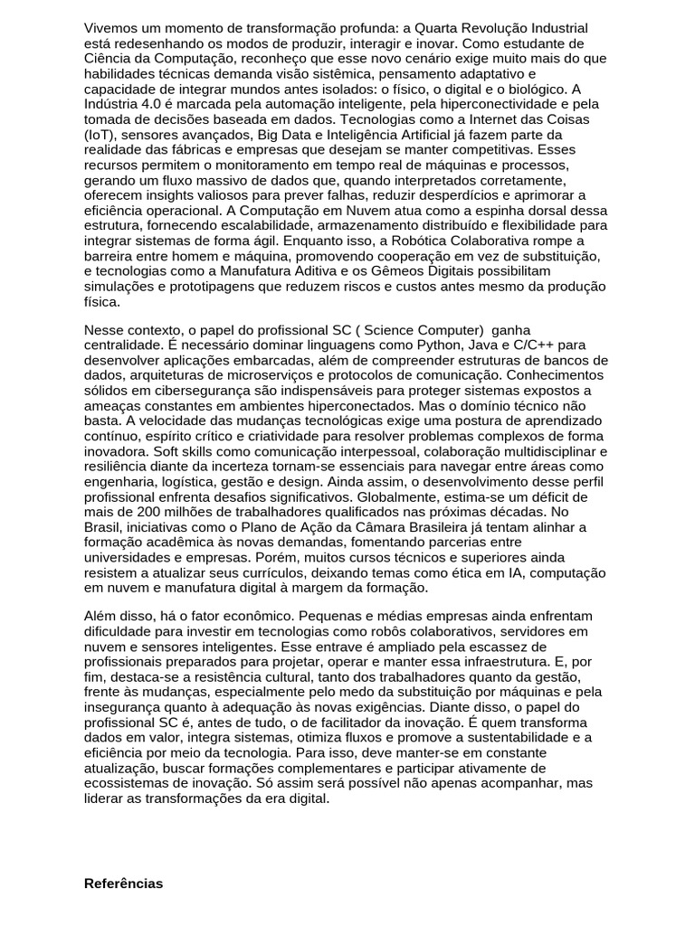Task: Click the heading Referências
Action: [123, 883]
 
